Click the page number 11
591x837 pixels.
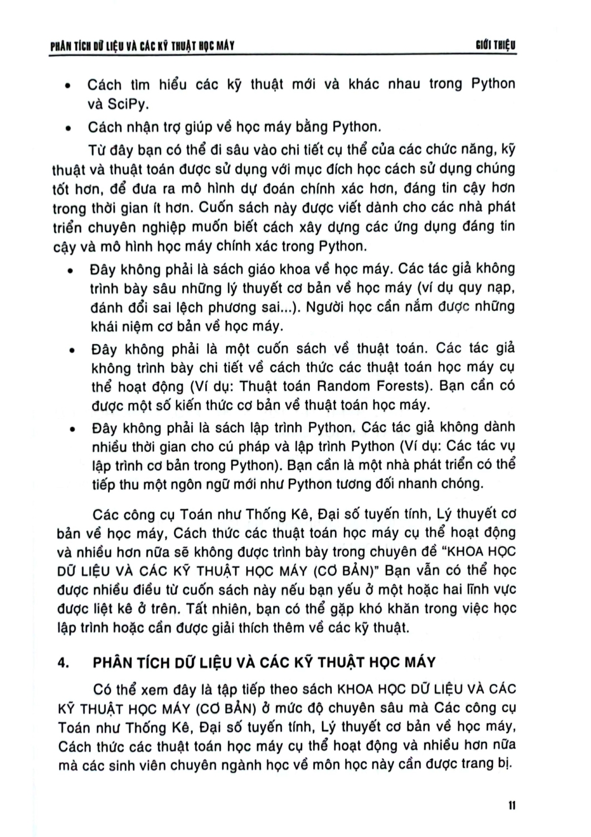[x=513, y=806]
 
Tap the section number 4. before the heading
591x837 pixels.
[x=63, y=663]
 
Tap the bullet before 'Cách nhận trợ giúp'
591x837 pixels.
[x=67, y=128]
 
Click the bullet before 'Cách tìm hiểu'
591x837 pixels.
[x=67, y=86]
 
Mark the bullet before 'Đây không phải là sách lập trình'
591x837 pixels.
[x=71, y=429]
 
